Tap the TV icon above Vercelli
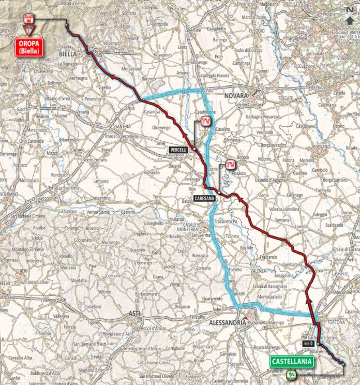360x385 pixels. pos(205,121)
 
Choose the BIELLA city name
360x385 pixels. pos(68,53)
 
